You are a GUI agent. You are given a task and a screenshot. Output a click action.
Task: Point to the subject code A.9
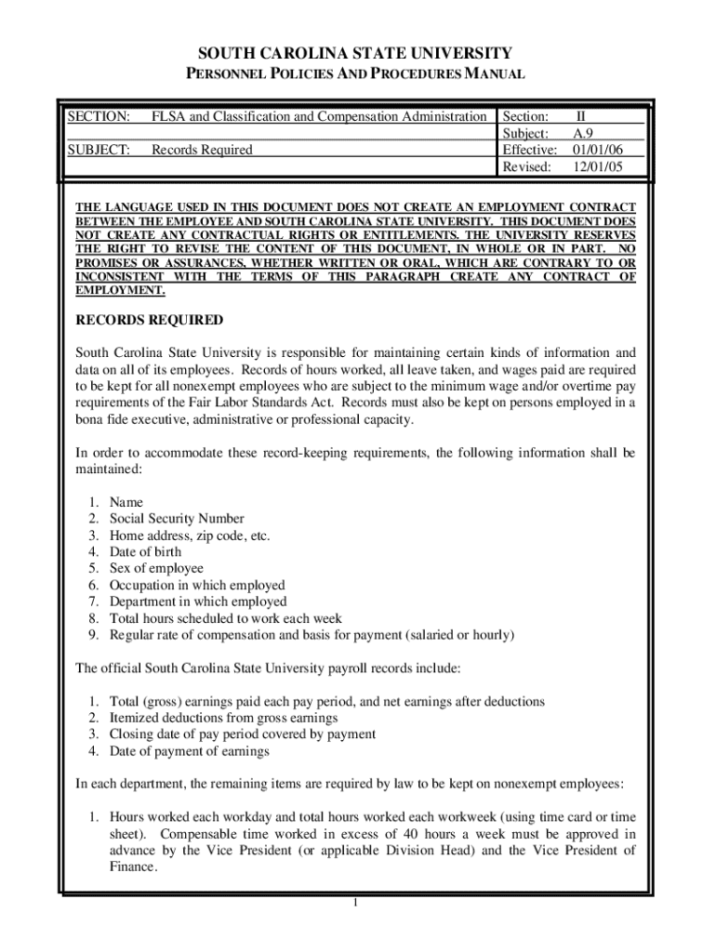click(x=584, y=133)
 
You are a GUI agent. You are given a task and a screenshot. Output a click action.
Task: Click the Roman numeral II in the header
click(x=581, y=116)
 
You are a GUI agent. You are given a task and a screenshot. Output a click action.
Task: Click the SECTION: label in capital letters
click(x=98, y=116)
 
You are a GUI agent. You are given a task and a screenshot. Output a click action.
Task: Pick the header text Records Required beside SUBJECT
click(x=202, y=150)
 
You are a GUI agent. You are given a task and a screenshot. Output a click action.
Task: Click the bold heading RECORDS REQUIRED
click(x=149, y=321)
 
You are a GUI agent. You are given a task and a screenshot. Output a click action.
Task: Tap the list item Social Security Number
click(x=177, y=519)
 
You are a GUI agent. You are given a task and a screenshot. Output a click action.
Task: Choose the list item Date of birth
click(x=146, y=552)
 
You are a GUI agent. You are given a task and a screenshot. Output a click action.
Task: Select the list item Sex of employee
click(x=156, y=568)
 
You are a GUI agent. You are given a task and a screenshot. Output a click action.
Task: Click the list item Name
click(x=126, y=502)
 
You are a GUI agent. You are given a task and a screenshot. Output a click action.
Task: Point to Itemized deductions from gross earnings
click(x=223, y=718)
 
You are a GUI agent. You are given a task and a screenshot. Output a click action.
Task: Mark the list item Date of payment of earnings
click(x=189, y=751)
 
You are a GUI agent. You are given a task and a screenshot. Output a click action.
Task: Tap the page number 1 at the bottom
click(x=356, y=904)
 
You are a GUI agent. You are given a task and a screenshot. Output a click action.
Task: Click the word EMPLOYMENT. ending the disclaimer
click(x=120, y=290)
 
